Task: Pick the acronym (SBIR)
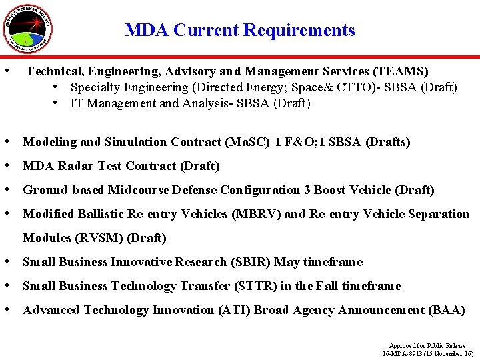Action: [251, 262]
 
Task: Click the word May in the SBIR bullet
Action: [287, 262]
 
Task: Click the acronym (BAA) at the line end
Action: [447, 310]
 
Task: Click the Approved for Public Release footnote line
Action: [427, 346]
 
